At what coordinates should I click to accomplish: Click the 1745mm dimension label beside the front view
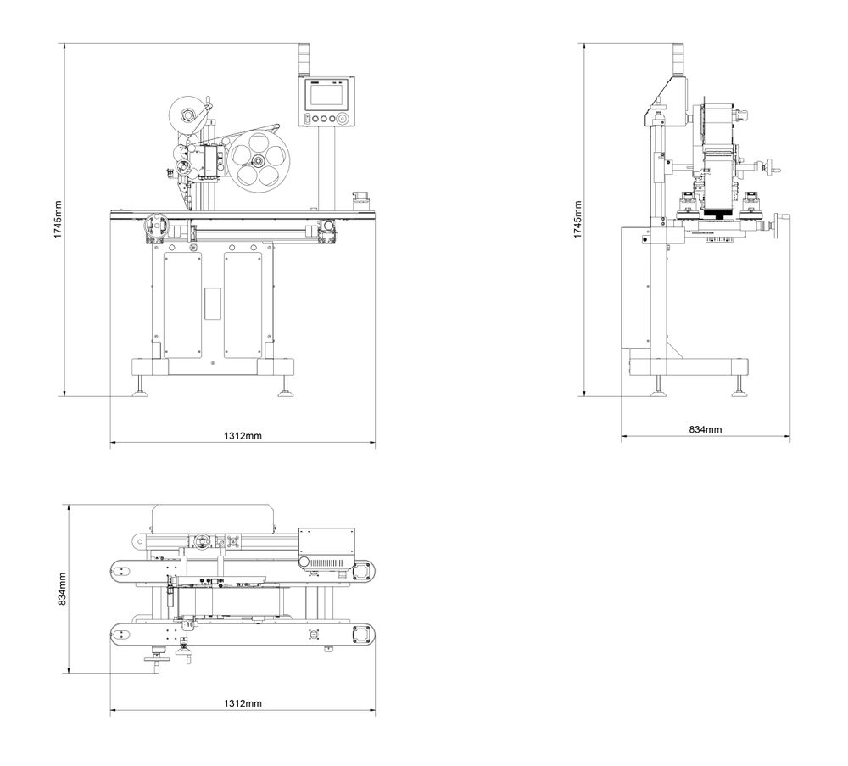click(58, 220)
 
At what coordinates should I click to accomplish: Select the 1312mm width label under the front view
click(243, 436)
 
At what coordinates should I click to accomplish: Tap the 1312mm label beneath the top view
click(243, 704)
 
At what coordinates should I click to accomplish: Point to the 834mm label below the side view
click(706, 430)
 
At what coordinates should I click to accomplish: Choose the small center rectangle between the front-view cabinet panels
click(212, 303)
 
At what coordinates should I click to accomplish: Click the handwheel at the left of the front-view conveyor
click(153, 226)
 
